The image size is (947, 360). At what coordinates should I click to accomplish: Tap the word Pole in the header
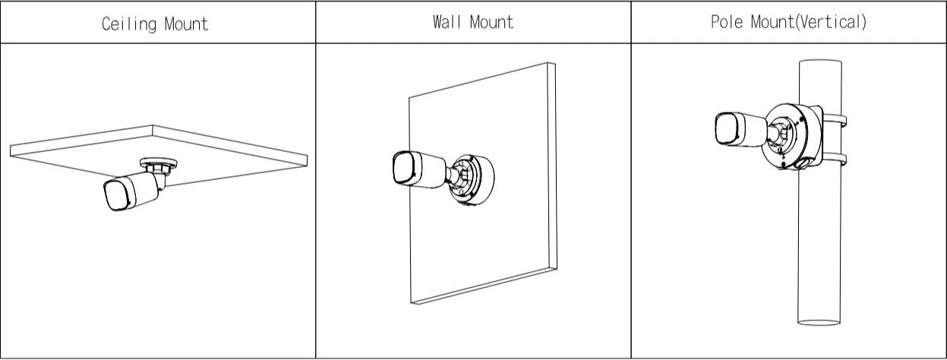(726, 21)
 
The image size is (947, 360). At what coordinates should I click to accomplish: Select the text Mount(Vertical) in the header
(809, 21)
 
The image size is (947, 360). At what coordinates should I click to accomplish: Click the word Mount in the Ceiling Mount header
(184, 24)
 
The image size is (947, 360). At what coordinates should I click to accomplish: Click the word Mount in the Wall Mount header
(491, 21)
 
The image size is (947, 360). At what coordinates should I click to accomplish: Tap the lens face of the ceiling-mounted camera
(114, 195)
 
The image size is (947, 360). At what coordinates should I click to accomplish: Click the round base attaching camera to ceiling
(159, 163)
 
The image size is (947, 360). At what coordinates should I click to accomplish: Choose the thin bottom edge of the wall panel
(486, 292)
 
